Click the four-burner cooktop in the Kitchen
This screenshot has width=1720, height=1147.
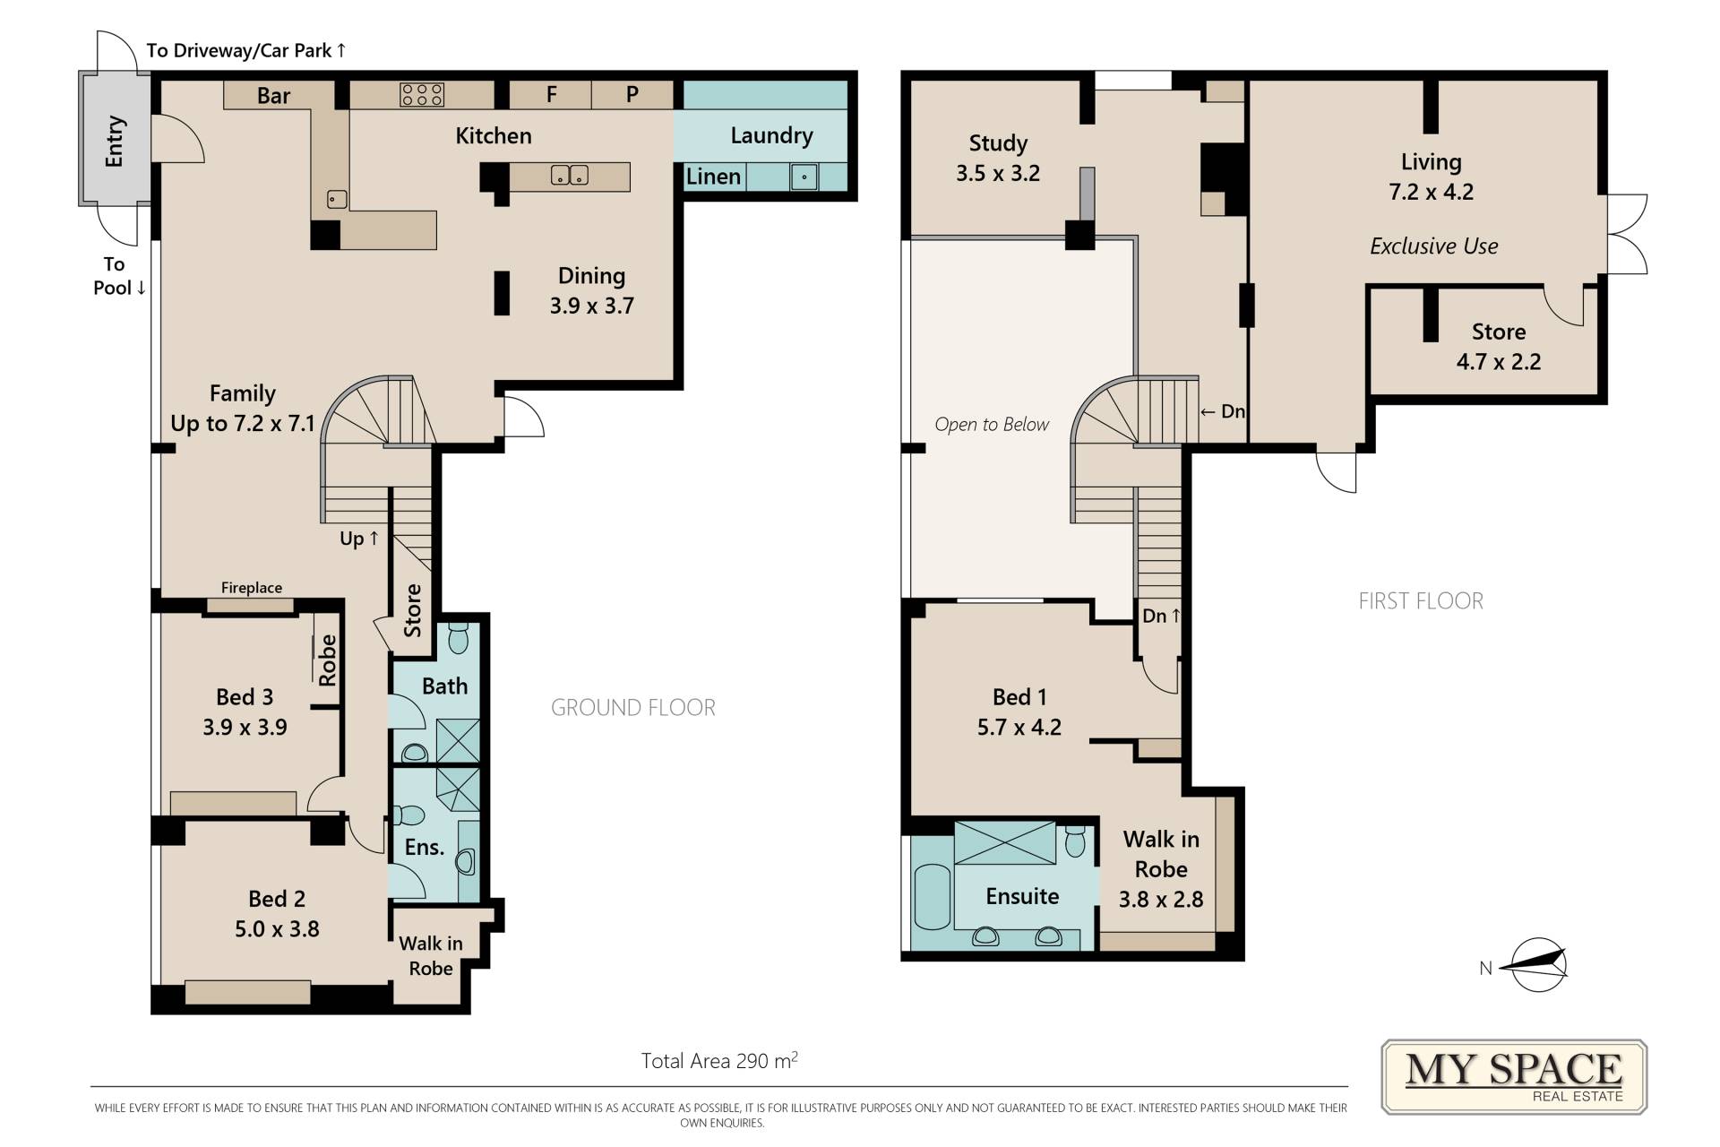click(422, 95)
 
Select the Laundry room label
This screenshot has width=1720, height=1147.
click(771, 135)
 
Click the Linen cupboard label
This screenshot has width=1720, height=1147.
click(713, 177)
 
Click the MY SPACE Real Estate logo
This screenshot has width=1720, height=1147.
click(1514, 1076)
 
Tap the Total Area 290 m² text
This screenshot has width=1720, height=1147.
click(719, 1061)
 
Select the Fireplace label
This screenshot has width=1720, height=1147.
click(252, 588)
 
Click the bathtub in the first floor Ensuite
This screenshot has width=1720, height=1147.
click(932, 897)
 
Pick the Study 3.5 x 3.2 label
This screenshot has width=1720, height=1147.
click(998, 158)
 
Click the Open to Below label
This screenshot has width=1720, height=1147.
click(992, 425)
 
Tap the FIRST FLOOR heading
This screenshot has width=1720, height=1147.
click(1421, 601)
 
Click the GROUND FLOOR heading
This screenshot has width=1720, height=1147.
click(633, 708)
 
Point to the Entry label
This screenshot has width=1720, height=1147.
click(115, 142)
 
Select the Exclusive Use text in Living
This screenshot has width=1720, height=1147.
click(1433, 246)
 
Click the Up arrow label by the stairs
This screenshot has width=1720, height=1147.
click(359, 539)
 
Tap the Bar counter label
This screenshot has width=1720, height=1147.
click(273, 96)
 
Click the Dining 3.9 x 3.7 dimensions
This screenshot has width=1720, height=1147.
click(592, 306)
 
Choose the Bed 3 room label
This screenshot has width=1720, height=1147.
click(245, 697)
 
